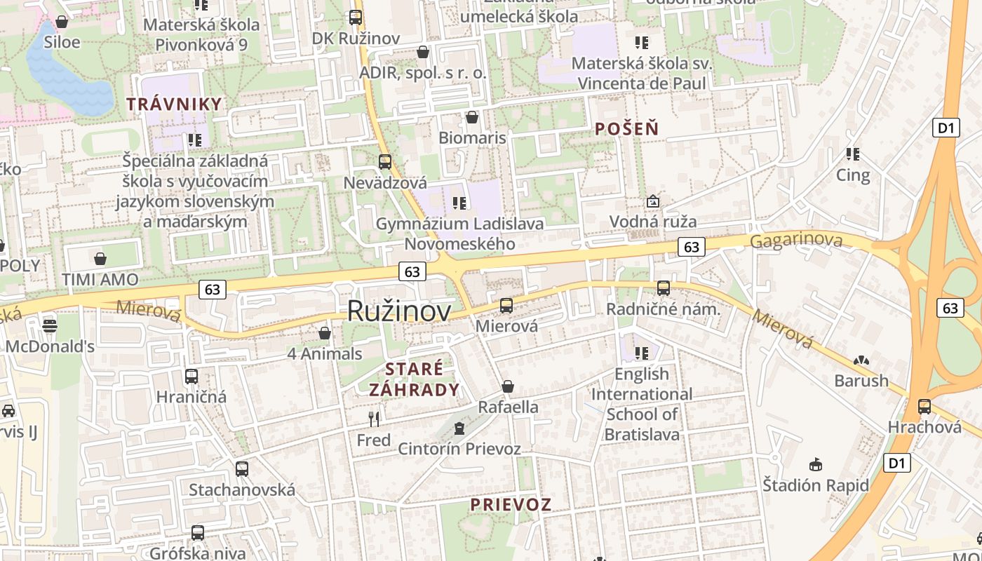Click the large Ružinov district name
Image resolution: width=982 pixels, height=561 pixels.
point(399,311)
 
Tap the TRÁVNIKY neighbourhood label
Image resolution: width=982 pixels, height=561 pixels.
point(174,104)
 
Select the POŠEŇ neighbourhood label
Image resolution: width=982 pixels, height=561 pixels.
point(626,128)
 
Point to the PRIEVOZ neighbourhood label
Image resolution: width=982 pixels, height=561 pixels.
point(511,504)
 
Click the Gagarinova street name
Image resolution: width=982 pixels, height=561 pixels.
point(796,241)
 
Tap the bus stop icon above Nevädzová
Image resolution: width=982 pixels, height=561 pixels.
point(385,162)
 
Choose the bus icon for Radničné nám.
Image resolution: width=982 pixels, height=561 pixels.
point(663,288)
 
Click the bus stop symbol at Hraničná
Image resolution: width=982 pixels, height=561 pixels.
point(191,377)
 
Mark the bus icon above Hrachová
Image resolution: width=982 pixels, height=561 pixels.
point(924,407)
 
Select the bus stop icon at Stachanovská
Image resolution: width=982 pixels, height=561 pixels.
point(242,468)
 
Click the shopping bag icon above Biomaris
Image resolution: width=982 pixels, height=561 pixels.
point(472,117)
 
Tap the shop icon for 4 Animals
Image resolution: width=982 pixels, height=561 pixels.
point(325,333)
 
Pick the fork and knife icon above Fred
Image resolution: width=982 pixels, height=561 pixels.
point(374,419)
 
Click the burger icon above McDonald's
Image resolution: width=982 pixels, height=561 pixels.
point(50,325)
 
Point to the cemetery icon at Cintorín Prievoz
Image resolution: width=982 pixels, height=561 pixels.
point(459,427)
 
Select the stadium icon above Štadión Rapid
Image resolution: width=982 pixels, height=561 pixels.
point(815,464)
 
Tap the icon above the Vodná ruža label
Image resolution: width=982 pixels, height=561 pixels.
point(653,202)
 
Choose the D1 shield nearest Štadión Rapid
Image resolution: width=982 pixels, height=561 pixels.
point(898,463)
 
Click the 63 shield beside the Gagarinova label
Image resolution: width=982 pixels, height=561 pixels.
point(692,247)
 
